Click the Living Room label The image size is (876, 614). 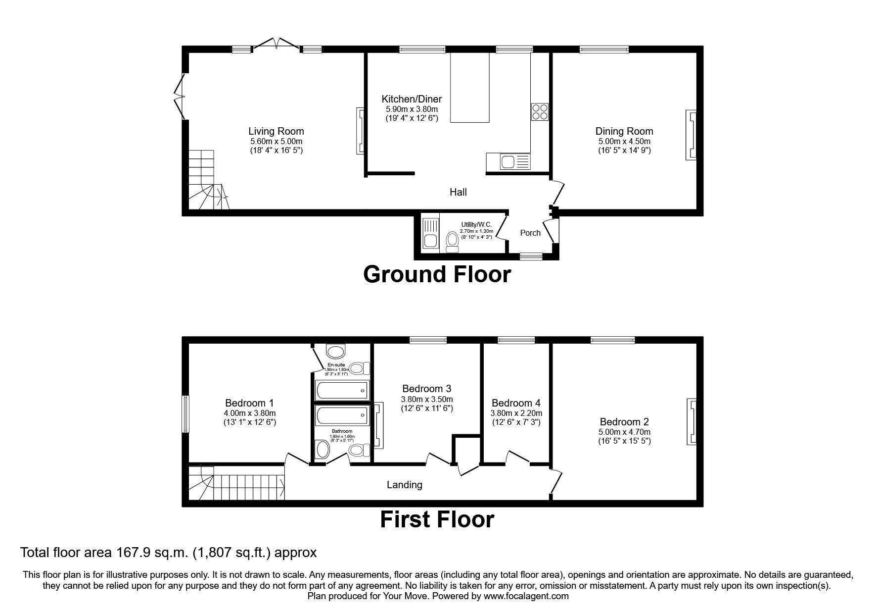(276, 131)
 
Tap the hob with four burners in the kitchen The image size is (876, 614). (540, 112)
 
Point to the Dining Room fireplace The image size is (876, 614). (691, 135)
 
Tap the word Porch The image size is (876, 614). (530, 233)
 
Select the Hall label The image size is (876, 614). (458, 192)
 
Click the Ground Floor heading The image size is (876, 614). (437, 275)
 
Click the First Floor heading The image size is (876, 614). (437, 520)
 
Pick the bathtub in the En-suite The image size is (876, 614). (342, 391)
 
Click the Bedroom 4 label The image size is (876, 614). (516, 403)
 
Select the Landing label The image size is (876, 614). (404, 485)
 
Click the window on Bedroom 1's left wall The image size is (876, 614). (185, 414)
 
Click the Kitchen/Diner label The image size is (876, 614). (412, 99)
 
